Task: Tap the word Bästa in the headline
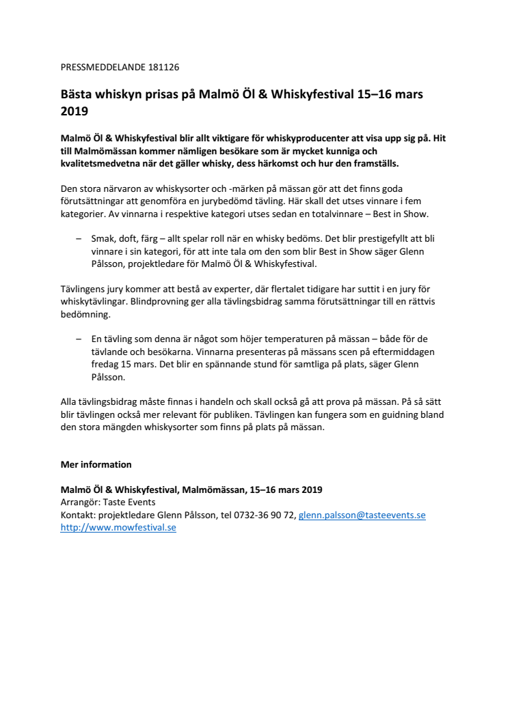77,94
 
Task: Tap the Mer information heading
96,464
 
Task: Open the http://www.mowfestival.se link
118,528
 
